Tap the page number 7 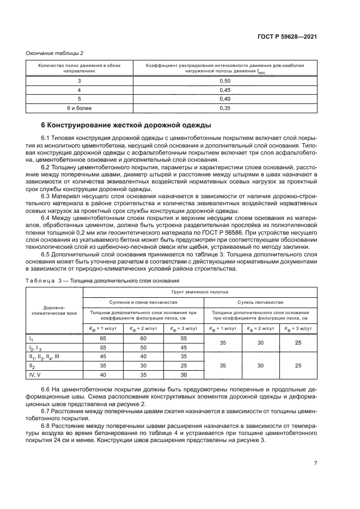point(315,463)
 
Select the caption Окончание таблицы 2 point(54,53)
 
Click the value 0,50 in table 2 point(224,81)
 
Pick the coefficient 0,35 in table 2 point(224,108)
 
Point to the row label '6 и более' point(79,108)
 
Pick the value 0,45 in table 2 point(224,90)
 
